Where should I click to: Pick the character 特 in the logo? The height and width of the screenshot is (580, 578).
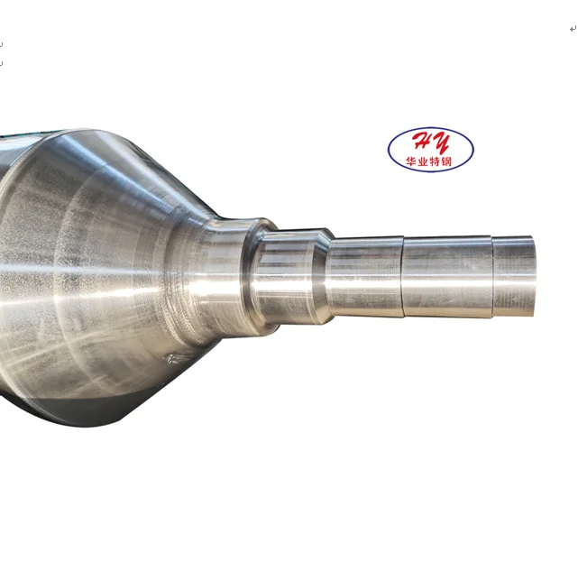pos(440,162)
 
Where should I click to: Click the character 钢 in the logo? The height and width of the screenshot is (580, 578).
pos(455,162)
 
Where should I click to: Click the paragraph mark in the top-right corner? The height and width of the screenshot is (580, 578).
pos(572,29)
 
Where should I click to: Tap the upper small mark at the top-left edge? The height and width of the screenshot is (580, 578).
pos(2,42)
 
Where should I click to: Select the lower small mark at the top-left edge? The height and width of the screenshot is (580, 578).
pos(2,63)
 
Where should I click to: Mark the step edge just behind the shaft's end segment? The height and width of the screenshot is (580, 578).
pos(492,275)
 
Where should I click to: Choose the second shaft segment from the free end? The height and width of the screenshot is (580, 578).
pos(446,275)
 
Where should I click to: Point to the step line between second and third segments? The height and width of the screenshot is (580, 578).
pos(402,275)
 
